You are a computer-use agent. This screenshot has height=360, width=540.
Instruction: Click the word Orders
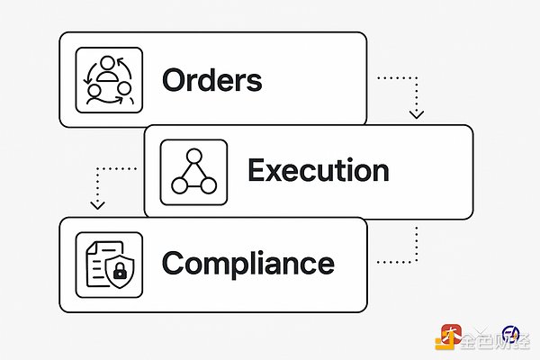pos(211,80)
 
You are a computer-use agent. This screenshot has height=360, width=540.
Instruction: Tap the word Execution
pos(318,171)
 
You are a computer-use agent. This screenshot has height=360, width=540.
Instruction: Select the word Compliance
pos(247,264)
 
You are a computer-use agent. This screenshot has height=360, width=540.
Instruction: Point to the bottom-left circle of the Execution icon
pos(179,186)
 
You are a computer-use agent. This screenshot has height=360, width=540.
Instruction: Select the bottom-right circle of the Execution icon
pos(210,186)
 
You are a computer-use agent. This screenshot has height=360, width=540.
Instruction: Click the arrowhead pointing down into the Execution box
pos(415,115)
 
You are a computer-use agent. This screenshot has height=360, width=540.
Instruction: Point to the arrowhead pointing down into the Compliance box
pos(94,208)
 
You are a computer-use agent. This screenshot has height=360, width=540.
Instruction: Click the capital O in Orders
pos(175,80)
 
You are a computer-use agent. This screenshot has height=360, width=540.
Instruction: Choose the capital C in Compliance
pos(175,264)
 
